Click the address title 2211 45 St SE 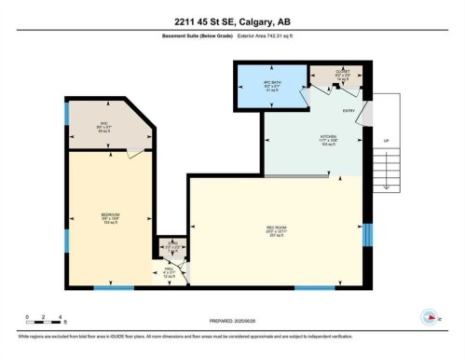(232, 22)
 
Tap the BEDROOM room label (110, 216)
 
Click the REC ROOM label (274, 228)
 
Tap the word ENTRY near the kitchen (349, 112)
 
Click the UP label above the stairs (386, 142)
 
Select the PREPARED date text (232, 315)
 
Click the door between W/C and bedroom (136, 155)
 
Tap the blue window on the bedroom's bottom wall (113, 286)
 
